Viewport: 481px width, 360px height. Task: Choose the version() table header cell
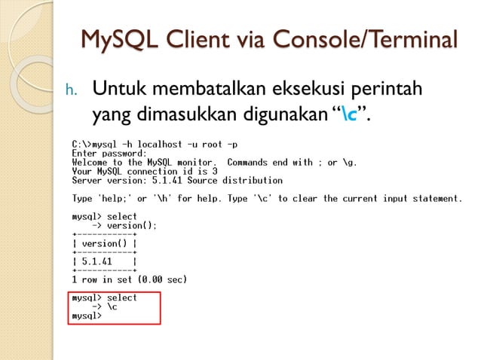pyautogui.click(x=103, y=243)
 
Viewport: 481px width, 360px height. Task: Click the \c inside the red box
pyautogui.click(x=112, y=307)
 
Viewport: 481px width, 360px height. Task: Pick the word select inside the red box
pyautogui.click(x=122, y=298)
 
